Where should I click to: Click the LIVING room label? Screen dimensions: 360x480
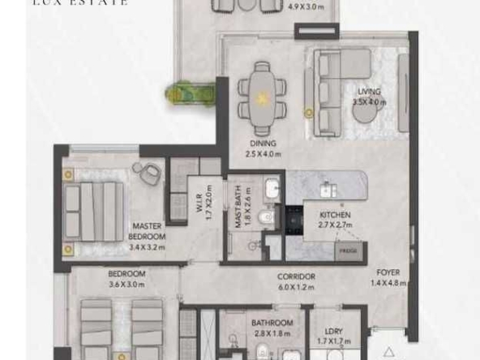pyautogui.click(x=368, y=91)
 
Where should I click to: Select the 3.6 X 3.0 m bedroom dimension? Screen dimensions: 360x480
pyautogui.click(x=126, y=285)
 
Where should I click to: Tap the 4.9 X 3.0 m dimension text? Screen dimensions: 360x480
pyautogui.click(x=283, y=7)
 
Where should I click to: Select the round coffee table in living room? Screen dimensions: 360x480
pyautogui.click(x=366, y=114)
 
